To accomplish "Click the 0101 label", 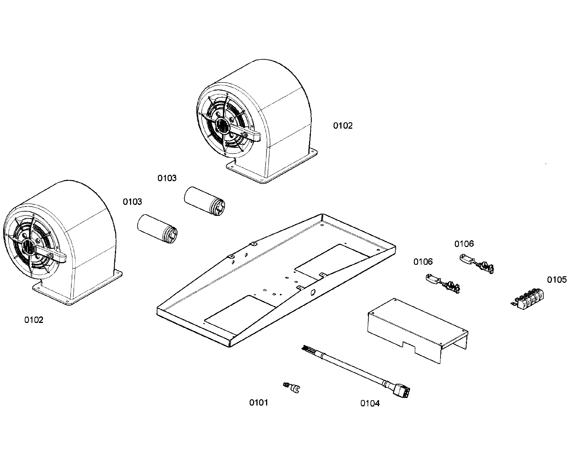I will coord(258,402).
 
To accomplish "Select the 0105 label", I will coord(556,280).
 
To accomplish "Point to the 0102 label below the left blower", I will coord(34,320).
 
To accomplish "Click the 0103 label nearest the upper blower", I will coord(167,178).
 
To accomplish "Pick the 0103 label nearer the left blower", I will coord(132,202).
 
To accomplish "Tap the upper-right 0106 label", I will coord(464,244).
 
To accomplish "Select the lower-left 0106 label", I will coord(423,262).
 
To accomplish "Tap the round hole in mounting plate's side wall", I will coord(313,292).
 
